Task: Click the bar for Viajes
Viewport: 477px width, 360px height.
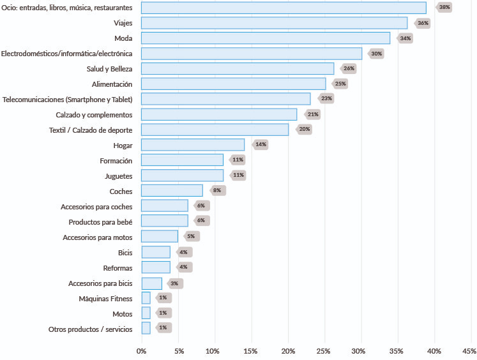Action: (274, 23)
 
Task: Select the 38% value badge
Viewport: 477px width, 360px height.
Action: (444, 8)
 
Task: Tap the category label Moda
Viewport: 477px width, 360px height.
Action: (123, 38)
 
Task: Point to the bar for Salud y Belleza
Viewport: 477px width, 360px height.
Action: (238, 68)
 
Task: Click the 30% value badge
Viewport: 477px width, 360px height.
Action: (376, 54)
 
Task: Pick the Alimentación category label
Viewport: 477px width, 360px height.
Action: (112, 84)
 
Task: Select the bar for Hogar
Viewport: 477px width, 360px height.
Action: (193, 145)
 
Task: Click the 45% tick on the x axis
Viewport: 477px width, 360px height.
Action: (469, 351)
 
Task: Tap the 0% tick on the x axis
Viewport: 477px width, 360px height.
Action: (142, 351)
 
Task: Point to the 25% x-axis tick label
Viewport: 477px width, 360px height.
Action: (324, 351)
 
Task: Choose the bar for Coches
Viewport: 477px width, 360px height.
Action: (172, 190)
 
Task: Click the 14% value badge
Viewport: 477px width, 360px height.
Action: (261, 145)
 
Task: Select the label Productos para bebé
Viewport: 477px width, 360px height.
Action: (100, 221)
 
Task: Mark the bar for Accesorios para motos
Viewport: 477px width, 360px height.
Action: (160, 236)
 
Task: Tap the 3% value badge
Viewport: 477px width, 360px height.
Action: (174, 283)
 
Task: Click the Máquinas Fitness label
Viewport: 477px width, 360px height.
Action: (105, 298)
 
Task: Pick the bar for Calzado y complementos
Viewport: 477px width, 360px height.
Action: (219, 114)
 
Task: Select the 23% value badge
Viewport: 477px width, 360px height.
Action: (326, 99)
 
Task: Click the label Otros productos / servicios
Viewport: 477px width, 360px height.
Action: (90, 329)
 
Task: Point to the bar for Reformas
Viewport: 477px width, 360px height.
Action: (156, 267)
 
